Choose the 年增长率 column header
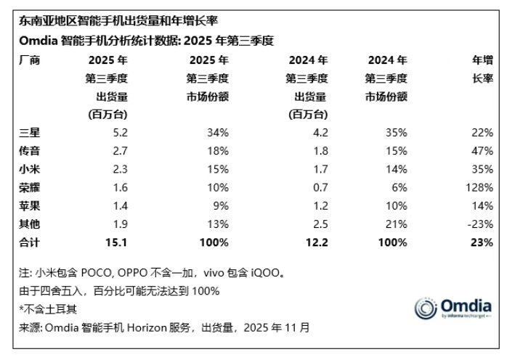[482, 69]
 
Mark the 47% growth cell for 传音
[484, 150]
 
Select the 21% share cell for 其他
[396, 223]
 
